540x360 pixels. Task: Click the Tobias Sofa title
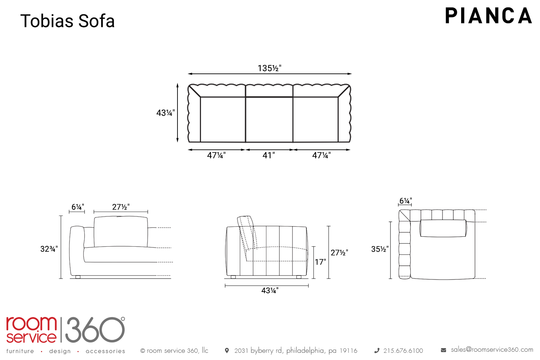click(68, 21)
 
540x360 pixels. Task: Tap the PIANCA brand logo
click(489, 16)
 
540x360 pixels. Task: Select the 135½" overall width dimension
click(270, 68)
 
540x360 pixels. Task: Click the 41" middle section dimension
click(269, 155)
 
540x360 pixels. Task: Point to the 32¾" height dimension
click(49, 249)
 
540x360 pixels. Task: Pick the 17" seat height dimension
click(320, 262)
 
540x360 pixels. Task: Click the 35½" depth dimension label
click(380, 249)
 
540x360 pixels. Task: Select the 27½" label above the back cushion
click(121, 207)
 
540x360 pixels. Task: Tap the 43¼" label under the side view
click(270, 290)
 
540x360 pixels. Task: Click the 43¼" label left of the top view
click(166, 113)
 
